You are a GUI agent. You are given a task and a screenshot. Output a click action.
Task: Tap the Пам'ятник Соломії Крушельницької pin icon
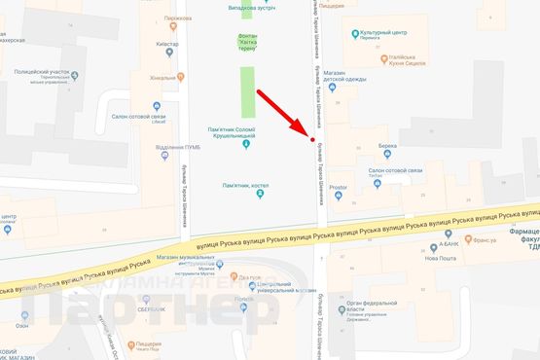245,146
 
